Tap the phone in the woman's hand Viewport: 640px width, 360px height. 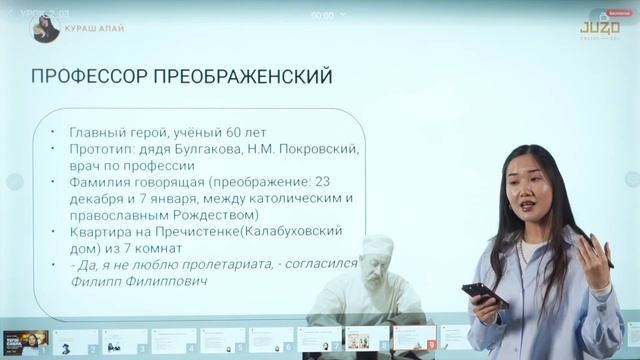point(483,292)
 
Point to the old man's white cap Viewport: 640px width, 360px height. point(378,243)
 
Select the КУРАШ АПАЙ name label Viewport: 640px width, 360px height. point(94,29)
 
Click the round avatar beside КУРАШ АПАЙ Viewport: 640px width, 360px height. point(46,29)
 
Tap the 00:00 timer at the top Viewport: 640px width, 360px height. point(322,16)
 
